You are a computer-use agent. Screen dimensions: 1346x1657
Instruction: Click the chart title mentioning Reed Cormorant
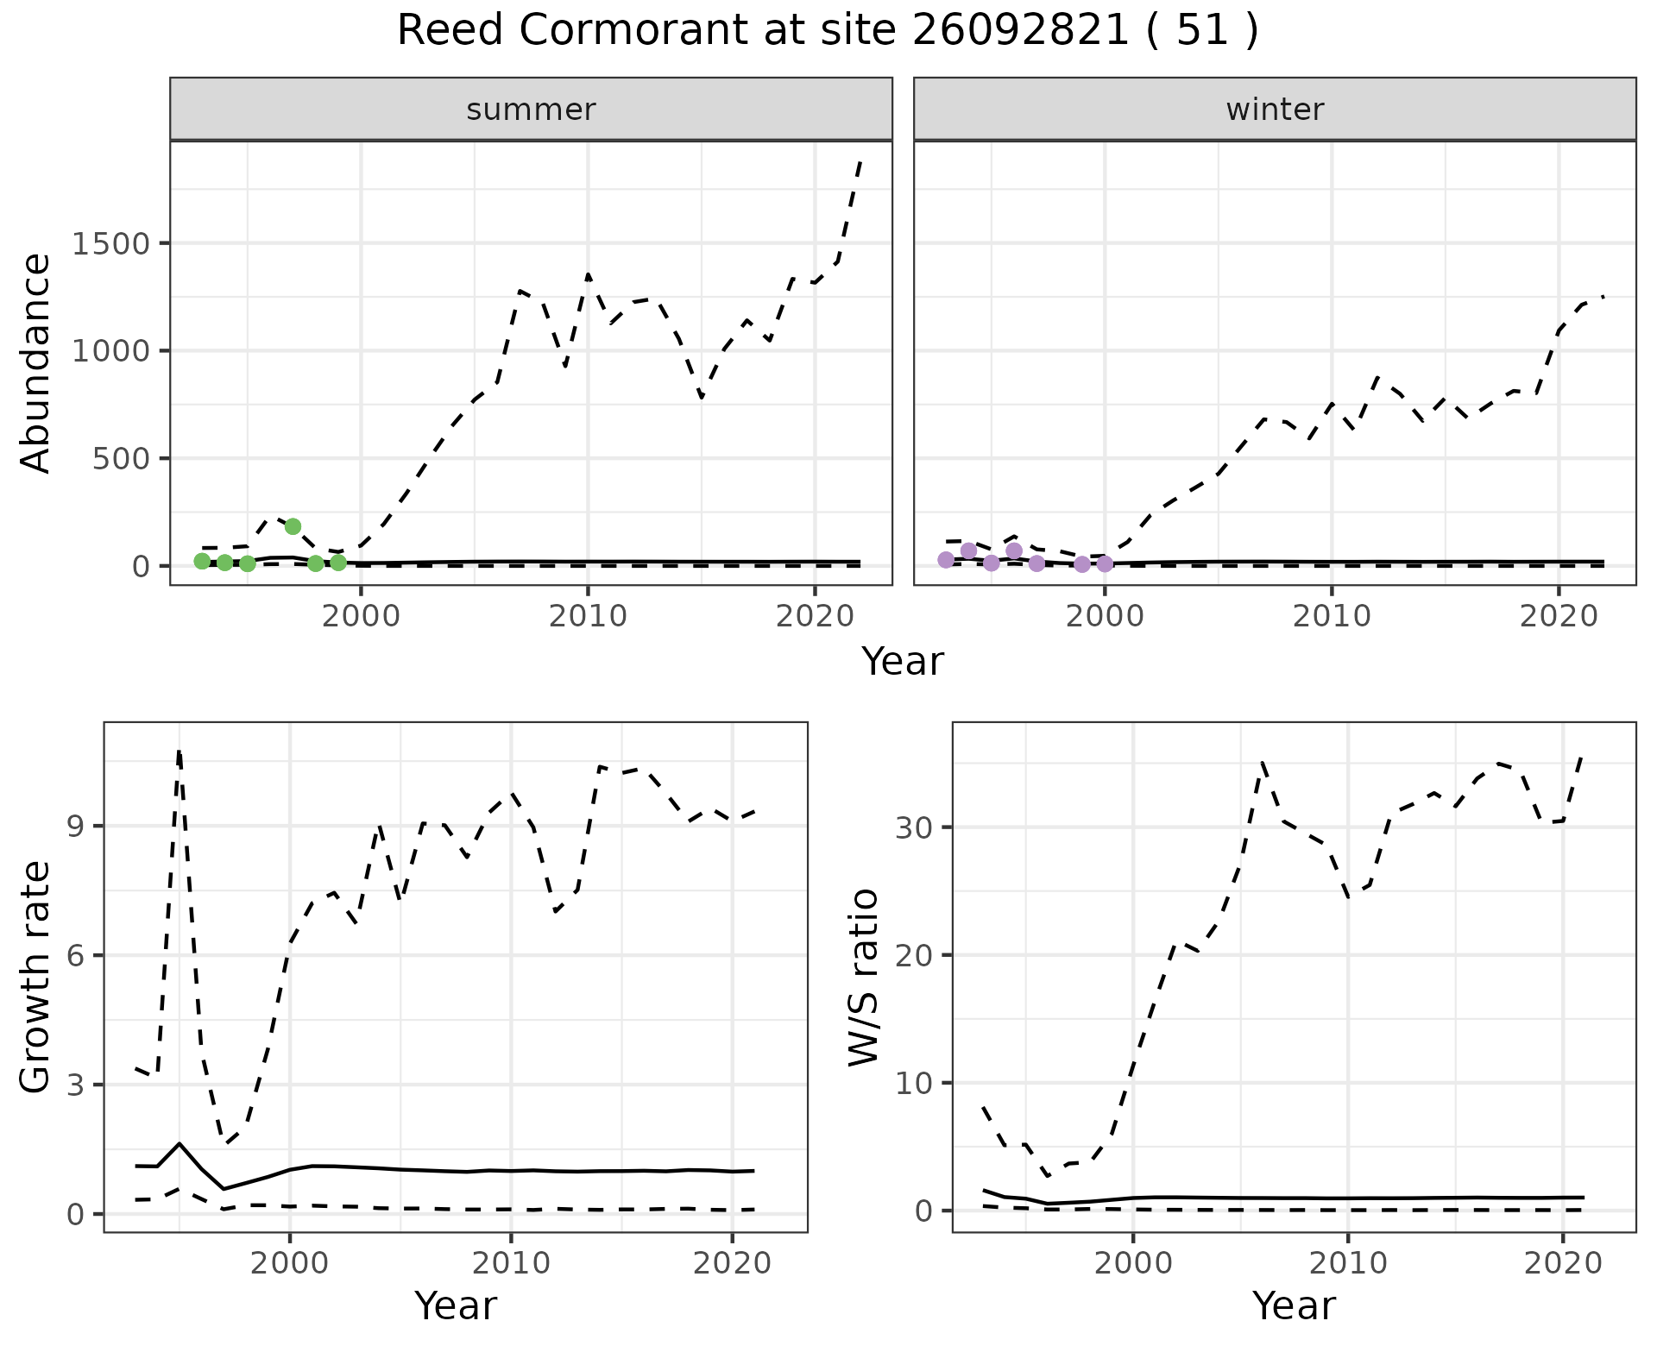827,31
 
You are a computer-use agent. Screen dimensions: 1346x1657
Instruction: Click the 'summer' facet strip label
531,110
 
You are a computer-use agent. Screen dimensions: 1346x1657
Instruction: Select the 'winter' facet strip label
1275,110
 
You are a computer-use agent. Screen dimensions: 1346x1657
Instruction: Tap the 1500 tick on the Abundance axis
110,244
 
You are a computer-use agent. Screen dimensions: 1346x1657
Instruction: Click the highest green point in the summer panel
293,526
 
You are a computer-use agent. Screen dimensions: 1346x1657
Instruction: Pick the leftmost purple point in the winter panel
946,560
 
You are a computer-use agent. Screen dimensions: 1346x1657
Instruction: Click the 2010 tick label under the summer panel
588,616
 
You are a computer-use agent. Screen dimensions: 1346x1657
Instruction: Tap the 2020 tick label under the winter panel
1558,616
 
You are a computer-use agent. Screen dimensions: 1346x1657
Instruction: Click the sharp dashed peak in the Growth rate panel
179,752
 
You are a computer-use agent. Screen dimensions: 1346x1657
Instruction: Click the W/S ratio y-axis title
863,978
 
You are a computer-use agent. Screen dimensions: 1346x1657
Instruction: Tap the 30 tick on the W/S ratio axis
914,828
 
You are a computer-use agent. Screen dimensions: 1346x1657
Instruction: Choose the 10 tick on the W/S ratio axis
914,1084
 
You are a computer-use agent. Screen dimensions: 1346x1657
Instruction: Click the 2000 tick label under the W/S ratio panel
1133,1263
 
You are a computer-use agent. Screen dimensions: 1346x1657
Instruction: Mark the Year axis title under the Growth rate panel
456,1305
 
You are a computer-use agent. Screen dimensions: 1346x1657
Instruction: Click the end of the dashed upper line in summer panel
860,162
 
